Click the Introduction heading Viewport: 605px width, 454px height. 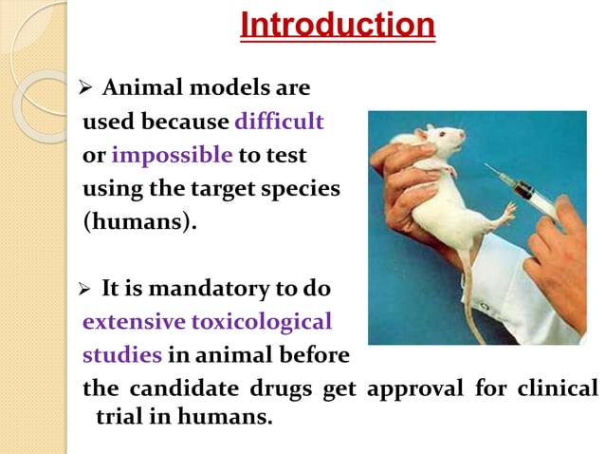point(338,26)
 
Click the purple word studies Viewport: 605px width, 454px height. point(122,355)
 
